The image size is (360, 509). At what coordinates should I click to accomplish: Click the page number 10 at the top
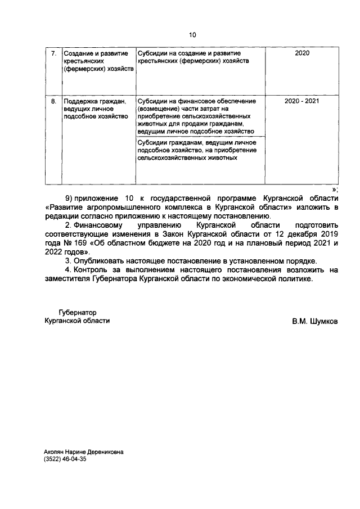(192, 35)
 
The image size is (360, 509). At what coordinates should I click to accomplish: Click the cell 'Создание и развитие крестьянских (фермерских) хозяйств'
(98, 61)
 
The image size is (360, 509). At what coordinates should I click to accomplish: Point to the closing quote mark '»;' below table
(335, 190)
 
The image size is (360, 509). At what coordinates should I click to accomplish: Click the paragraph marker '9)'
(70, 199)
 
